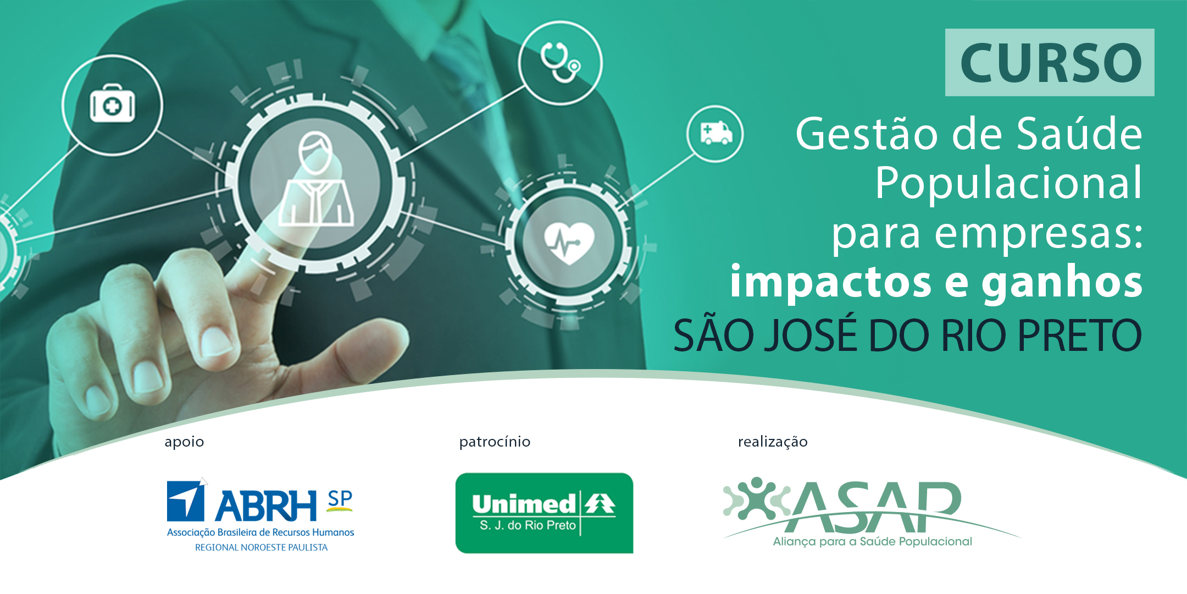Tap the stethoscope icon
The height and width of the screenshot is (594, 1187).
click(x=560, y=62)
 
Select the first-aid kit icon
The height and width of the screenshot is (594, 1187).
click(x=112, y=104)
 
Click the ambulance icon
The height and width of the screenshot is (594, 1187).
click(x=716, y=133)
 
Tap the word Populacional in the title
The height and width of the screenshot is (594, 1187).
click(x=1008, y=183)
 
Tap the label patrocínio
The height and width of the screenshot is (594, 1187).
click(x=495, y=442)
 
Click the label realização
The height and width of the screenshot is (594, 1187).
click(x=773, y=442)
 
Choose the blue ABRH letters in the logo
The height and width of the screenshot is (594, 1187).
click(x=266, y=506)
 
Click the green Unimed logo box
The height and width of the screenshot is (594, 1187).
click(x=544, y=513)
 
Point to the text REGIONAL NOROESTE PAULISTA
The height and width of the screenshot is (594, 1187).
click(x=262, y=548)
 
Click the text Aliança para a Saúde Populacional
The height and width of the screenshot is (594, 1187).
click(x=872, y=542)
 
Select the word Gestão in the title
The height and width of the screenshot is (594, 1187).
click(x=867, y=134)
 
